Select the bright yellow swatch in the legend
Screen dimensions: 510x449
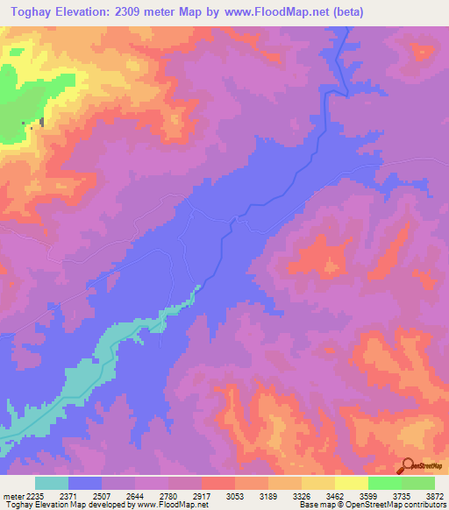point(351,483)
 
